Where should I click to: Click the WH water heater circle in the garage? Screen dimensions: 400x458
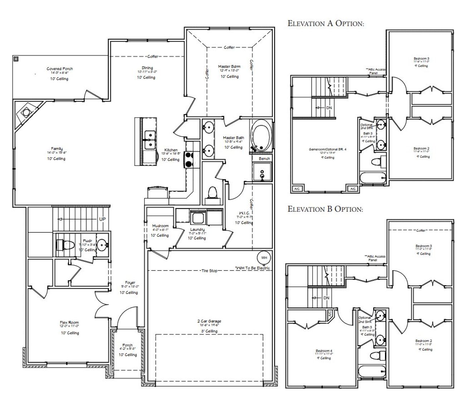click(x=264, y=258)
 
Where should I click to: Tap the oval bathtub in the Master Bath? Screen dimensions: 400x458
click(x=261, y=136)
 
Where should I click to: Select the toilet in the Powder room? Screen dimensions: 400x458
click(x=65, y=245)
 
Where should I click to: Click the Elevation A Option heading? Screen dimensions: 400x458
click(x=326, y=24)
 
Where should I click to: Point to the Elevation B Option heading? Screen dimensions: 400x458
click(x=325, y=209)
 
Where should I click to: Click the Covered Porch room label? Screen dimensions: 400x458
click(x=59, y=69)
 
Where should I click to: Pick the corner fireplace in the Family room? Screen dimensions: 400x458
click(x=26, y=113)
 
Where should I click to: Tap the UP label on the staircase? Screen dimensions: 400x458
click(x=102, y=219)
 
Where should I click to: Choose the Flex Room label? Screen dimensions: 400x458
click(x=69, y=322)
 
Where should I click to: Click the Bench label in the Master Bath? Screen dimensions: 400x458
click(x=264, y=158)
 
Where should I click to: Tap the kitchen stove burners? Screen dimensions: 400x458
click(x=189, y=160)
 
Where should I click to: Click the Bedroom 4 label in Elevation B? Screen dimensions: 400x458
click(x=324, y=351)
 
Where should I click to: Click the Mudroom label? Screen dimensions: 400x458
click(x=160, y=226)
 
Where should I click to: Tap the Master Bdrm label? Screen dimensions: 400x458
click(x=229, y=66)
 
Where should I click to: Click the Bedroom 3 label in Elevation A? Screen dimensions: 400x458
click(x=422, y=58)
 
